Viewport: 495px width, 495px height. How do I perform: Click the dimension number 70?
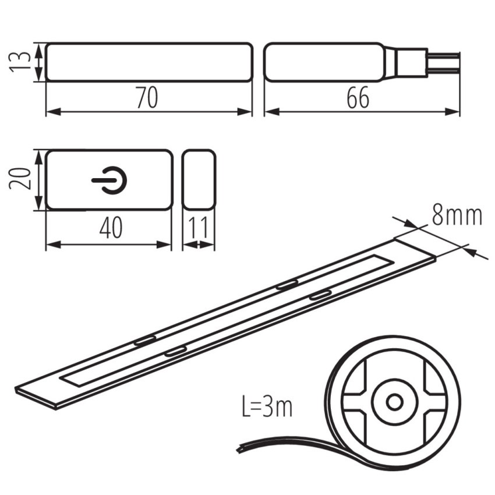[147, 98]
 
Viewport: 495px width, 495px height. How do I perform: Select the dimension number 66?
[358, 98]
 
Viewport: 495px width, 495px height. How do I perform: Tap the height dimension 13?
[19, 62]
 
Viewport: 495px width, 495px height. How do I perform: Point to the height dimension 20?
[19, 179]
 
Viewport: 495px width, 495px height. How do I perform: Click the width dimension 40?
[111, 227]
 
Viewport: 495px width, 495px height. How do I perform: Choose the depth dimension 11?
[198, 227]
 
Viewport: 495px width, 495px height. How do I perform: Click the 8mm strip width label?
[457, 216]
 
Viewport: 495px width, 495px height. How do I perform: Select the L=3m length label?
[267, 406]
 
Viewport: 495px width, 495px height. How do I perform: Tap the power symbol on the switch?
[109, 181]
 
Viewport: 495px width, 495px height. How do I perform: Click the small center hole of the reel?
[394, 402]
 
